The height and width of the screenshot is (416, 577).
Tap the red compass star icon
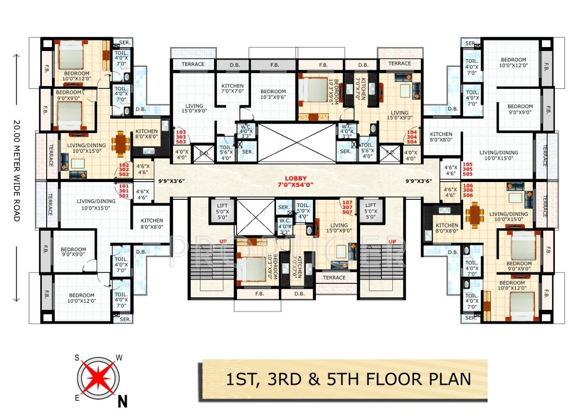point(100,377)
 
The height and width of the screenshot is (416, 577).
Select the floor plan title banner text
point(343,379)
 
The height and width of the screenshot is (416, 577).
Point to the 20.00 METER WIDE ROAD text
point(17,170)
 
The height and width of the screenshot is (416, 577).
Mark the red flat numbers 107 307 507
point(347,207)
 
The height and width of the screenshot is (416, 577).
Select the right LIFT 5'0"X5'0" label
point(371,211)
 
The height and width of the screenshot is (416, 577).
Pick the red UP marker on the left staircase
point(222,241)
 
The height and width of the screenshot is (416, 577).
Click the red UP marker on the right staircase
point(389,241)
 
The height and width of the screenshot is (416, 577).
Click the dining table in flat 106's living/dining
point(475,215)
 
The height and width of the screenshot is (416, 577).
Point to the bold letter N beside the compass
point(123,401)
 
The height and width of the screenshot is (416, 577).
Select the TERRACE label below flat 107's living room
point(334,277)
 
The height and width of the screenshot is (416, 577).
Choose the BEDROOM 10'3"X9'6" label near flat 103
point(272,95)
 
